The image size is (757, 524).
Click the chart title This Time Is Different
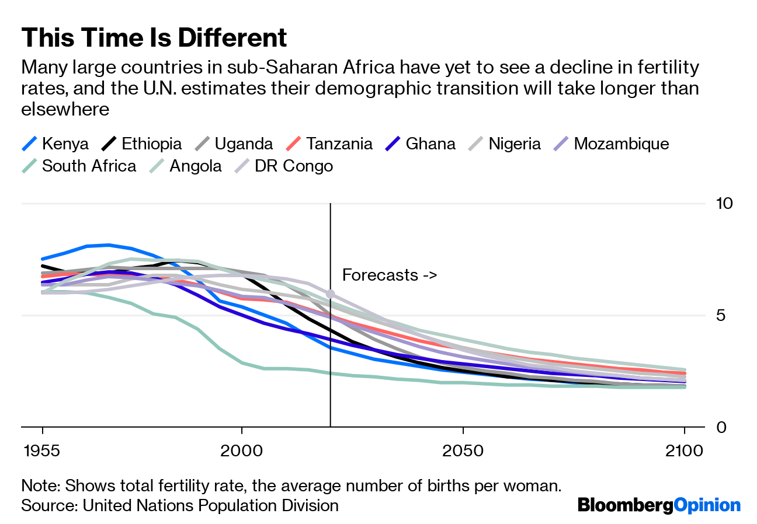[154, 39]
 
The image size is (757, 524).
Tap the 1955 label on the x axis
[43, 451]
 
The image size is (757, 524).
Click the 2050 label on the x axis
[463, 451]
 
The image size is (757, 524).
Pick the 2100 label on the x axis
[683, 451]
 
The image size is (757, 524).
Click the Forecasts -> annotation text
[390, 275]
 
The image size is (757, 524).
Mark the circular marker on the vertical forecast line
[331, 294]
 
